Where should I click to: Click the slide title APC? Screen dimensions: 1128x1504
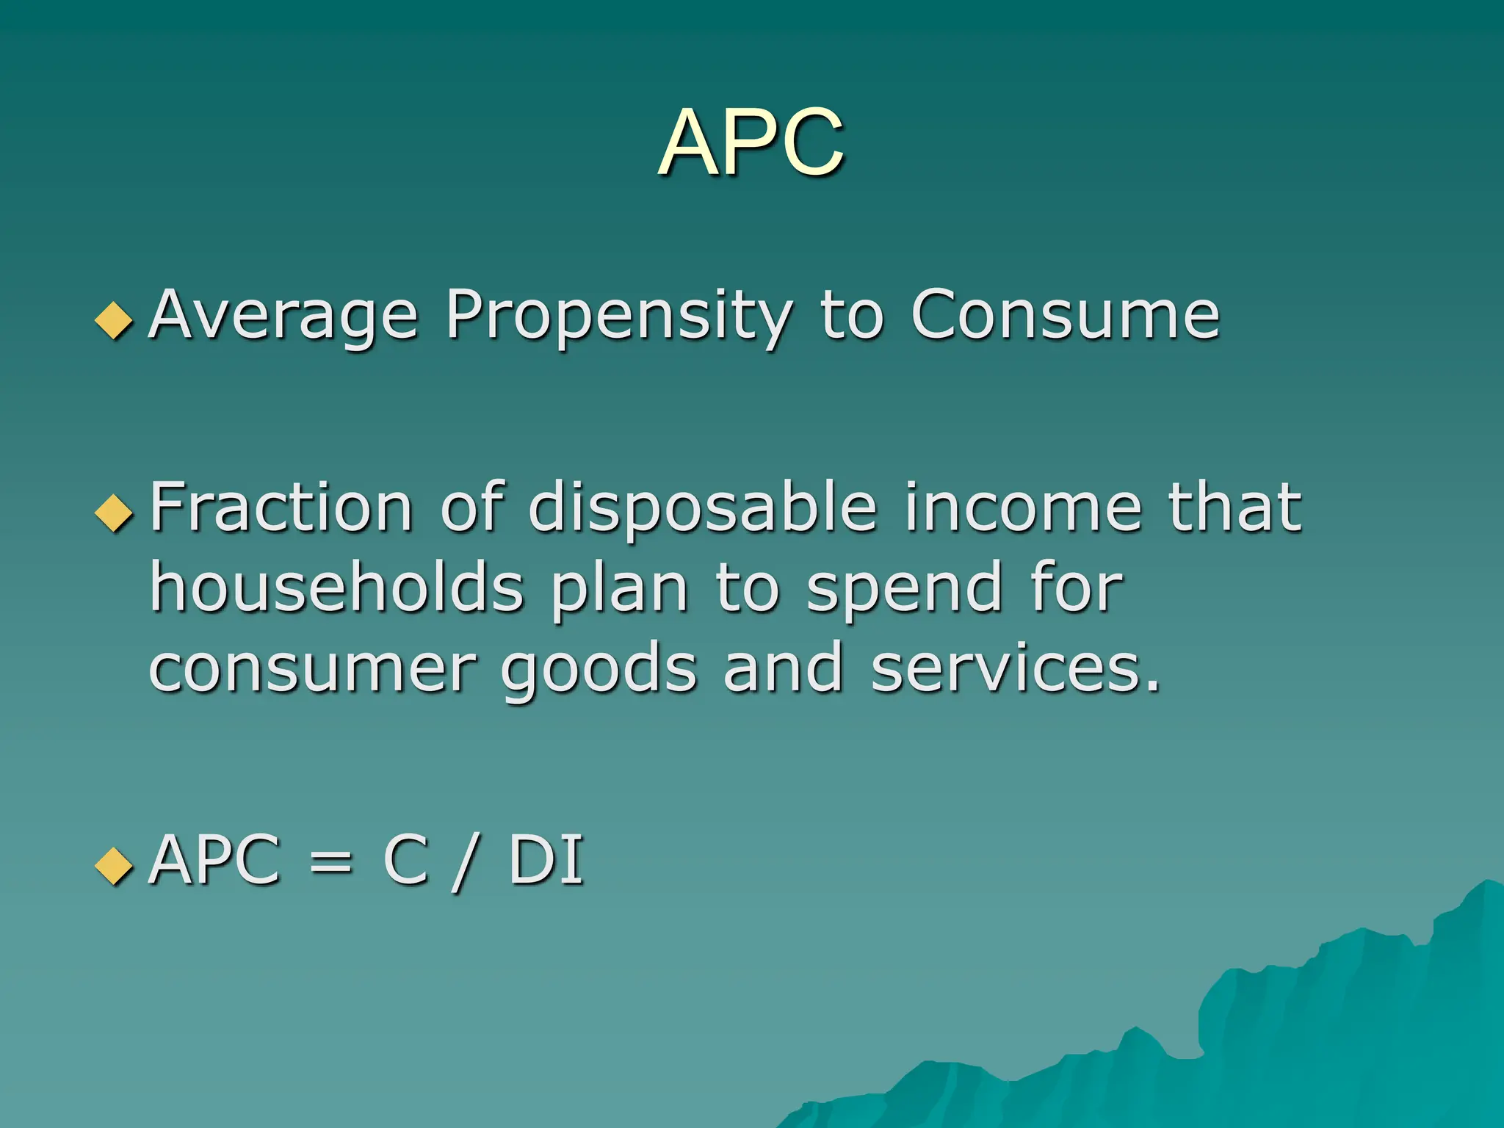751,142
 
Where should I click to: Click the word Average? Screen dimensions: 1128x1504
283,316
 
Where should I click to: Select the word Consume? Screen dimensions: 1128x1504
1065,316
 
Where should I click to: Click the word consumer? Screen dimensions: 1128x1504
313,670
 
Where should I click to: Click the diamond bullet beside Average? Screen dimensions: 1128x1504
114,320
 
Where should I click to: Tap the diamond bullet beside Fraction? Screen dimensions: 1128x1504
114,512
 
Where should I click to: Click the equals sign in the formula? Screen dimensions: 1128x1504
330,861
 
